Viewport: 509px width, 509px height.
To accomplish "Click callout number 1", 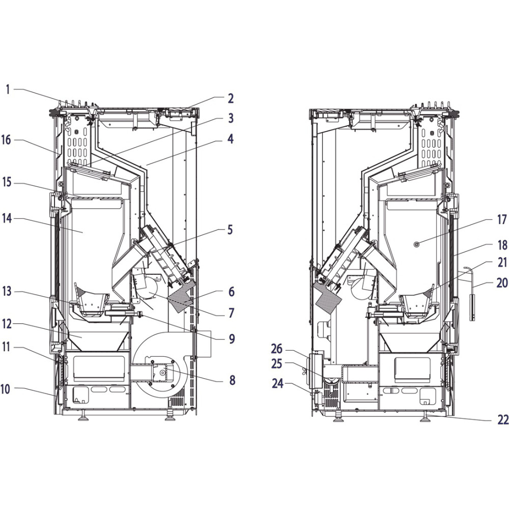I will coord(8,89).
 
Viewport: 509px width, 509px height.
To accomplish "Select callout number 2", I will coord(231,98).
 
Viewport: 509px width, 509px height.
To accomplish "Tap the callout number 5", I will coord(231,230).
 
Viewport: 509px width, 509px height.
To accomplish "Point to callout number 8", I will coord(232,380).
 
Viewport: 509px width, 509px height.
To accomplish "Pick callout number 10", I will coord(6,389).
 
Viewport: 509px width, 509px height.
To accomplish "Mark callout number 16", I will coord(6,140).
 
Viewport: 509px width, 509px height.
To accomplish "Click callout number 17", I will coord(502,220).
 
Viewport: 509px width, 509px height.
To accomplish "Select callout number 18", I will coord(502,245).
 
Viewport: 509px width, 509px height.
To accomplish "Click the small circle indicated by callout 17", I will coord(417,244).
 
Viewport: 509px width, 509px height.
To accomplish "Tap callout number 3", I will coord(231,119).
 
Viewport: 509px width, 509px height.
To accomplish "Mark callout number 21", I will coord(502,263).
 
